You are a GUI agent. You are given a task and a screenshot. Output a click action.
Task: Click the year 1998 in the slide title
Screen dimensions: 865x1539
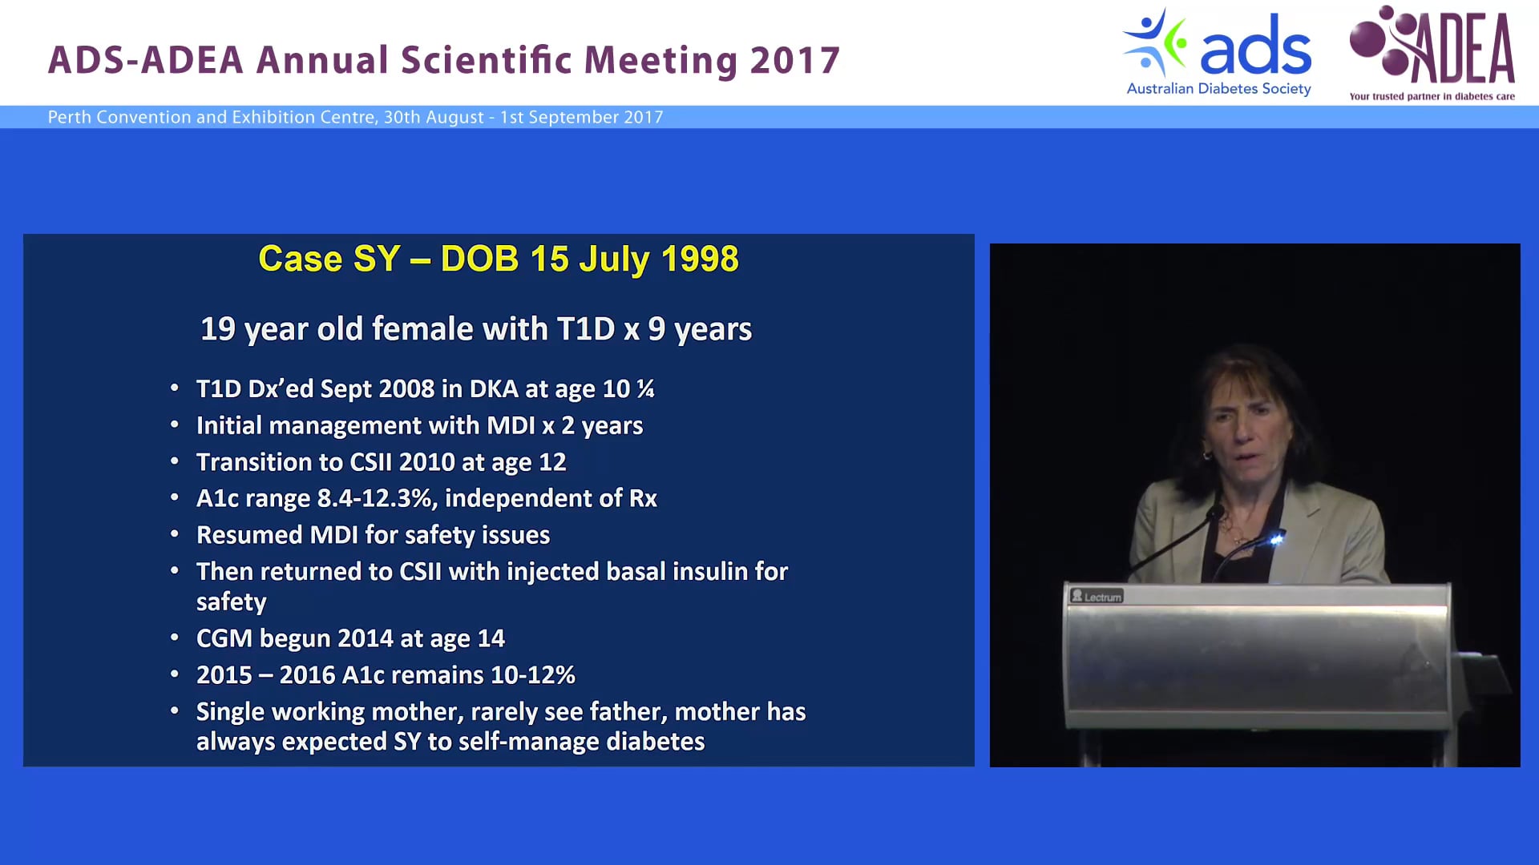(x=700, y=259)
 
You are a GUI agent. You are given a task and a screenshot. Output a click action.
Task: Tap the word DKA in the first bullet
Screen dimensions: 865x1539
(x=494, y=389)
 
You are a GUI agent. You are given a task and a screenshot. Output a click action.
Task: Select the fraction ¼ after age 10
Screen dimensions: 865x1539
(x=645, y=389)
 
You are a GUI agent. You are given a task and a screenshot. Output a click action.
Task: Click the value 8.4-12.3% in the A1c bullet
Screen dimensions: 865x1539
(x=377, y=499)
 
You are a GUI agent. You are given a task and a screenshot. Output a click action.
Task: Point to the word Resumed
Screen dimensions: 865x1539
(x=249, y=535)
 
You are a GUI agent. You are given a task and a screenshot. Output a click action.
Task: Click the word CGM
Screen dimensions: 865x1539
(x=224, y=638)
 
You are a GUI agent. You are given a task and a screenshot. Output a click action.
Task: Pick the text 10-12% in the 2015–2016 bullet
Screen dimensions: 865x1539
(x=533, y=675)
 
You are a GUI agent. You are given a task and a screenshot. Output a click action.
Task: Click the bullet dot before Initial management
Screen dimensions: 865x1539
(x=175, y=425)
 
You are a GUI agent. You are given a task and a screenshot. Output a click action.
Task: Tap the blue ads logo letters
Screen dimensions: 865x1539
(x=1255, y=50)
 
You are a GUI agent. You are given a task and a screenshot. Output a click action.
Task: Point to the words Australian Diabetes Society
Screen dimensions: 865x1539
(x=1218, y=89)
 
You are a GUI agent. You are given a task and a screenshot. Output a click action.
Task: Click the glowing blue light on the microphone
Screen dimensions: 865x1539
(x=1275, y=540)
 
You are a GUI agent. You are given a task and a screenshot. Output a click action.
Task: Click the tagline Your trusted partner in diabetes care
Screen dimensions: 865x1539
(x=1432, y=97)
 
